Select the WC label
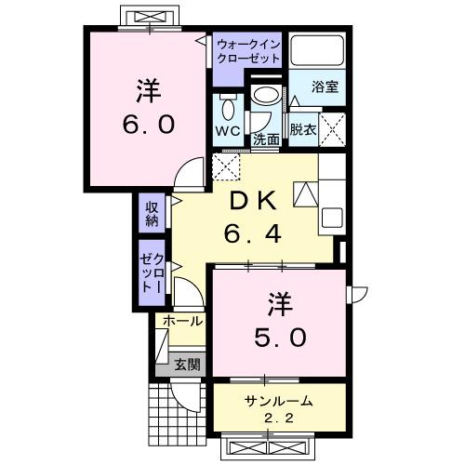click(229, 131)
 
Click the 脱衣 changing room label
click(301, 129)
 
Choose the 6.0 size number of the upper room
click(145, 124)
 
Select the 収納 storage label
click(152, 212)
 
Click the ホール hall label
click(182, 321)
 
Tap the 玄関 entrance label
click(186, 364)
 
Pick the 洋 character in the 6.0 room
click(145, 91)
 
